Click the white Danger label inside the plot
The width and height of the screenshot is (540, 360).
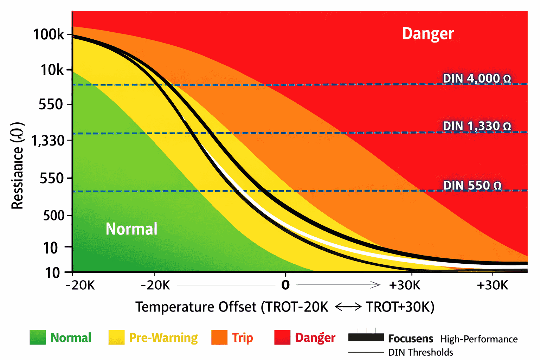428,34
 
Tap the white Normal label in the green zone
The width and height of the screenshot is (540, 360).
131,229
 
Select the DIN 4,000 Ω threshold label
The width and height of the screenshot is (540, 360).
477,78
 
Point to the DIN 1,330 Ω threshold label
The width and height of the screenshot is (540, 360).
477,126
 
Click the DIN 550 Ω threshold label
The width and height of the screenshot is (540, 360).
472,185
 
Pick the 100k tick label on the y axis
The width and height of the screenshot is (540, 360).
49,34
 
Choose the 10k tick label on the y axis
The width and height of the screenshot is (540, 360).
52,70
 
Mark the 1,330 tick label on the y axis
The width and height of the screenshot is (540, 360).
48,141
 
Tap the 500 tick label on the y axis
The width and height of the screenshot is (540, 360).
54,215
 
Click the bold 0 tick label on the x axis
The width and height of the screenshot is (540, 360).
285,285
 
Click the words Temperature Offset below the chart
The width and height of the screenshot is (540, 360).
196,307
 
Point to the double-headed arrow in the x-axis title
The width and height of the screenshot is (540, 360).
348,307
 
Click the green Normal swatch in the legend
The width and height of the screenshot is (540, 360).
38,337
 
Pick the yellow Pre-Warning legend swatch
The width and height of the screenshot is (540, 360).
116,337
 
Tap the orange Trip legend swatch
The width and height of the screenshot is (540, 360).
219,337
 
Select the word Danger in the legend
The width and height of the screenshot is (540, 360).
315,337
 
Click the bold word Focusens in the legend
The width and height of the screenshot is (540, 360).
410,339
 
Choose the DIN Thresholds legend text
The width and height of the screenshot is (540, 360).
420,352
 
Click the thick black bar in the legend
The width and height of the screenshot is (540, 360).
366,337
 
